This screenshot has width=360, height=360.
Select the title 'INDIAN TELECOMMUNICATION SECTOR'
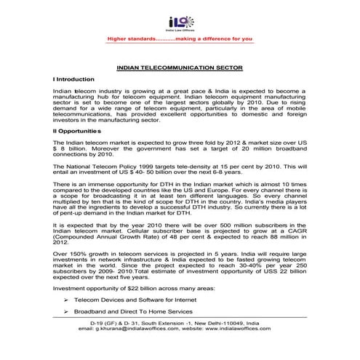coord(179,68)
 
